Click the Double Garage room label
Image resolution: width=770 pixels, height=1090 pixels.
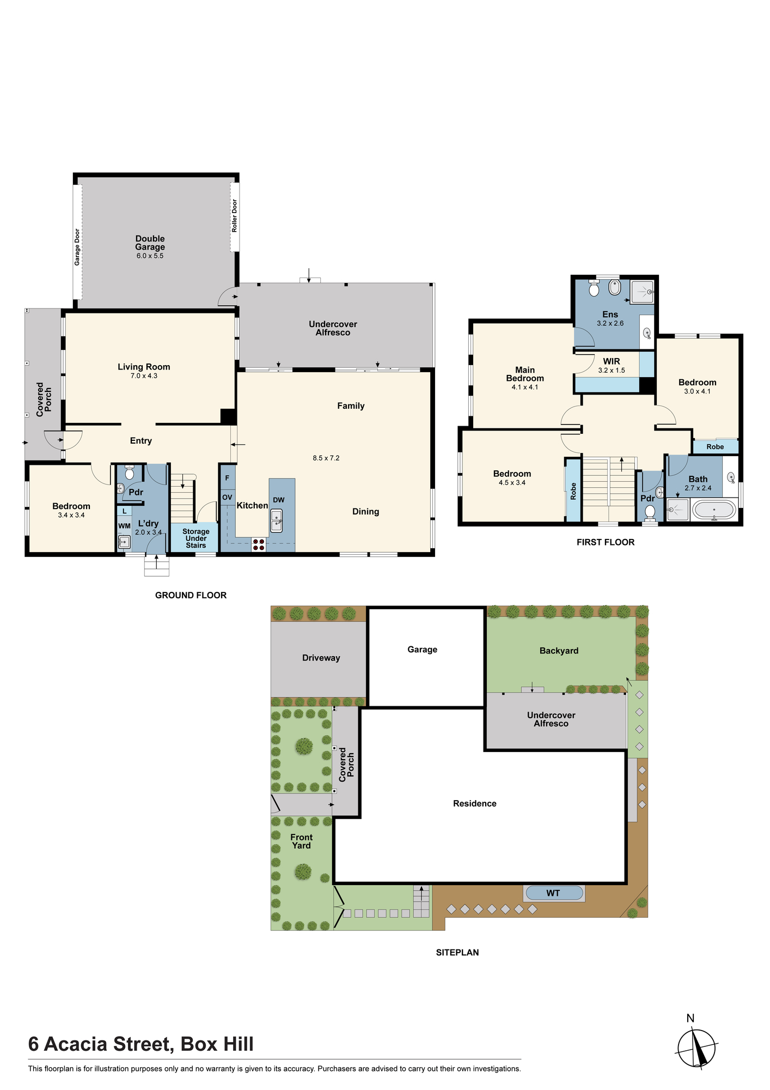(x=150, y=243)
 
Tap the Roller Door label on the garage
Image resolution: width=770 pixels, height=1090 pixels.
(x=235, y=216)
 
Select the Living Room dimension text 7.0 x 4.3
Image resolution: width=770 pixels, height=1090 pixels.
(x=144, y=376)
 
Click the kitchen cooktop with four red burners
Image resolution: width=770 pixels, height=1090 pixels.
(x=259, y=544)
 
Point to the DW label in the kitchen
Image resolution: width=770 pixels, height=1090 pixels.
(x=279, y=500)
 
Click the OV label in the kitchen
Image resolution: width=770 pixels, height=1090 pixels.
(x=227, y=497)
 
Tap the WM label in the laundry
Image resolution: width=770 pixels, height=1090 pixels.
(x=124, y=526)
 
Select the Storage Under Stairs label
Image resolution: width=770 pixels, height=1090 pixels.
(x=196, y=538)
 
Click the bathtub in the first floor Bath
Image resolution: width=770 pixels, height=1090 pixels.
(x=714, y=510)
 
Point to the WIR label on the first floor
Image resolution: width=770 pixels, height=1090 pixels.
(x=612, y=361)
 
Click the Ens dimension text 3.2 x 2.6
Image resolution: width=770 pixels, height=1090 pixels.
(x=610, y=323)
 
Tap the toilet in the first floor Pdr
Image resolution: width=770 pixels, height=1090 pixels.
(x=650, y=512)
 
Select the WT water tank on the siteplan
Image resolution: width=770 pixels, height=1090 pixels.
(x=553, y=893)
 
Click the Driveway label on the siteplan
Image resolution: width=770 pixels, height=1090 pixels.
(x=321, y=658)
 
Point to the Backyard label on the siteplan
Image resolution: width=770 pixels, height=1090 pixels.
(x=559, y=651)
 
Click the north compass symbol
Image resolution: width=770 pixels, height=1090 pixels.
(x=696, y=1047)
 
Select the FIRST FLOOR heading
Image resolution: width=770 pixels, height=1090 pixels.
(x=606, y=542)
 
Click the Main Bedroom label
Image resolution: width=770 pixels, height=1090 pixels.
(x=525, y=374)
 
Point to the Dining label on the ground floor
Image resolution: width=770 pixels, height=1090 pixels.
(x=365, y=512)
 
